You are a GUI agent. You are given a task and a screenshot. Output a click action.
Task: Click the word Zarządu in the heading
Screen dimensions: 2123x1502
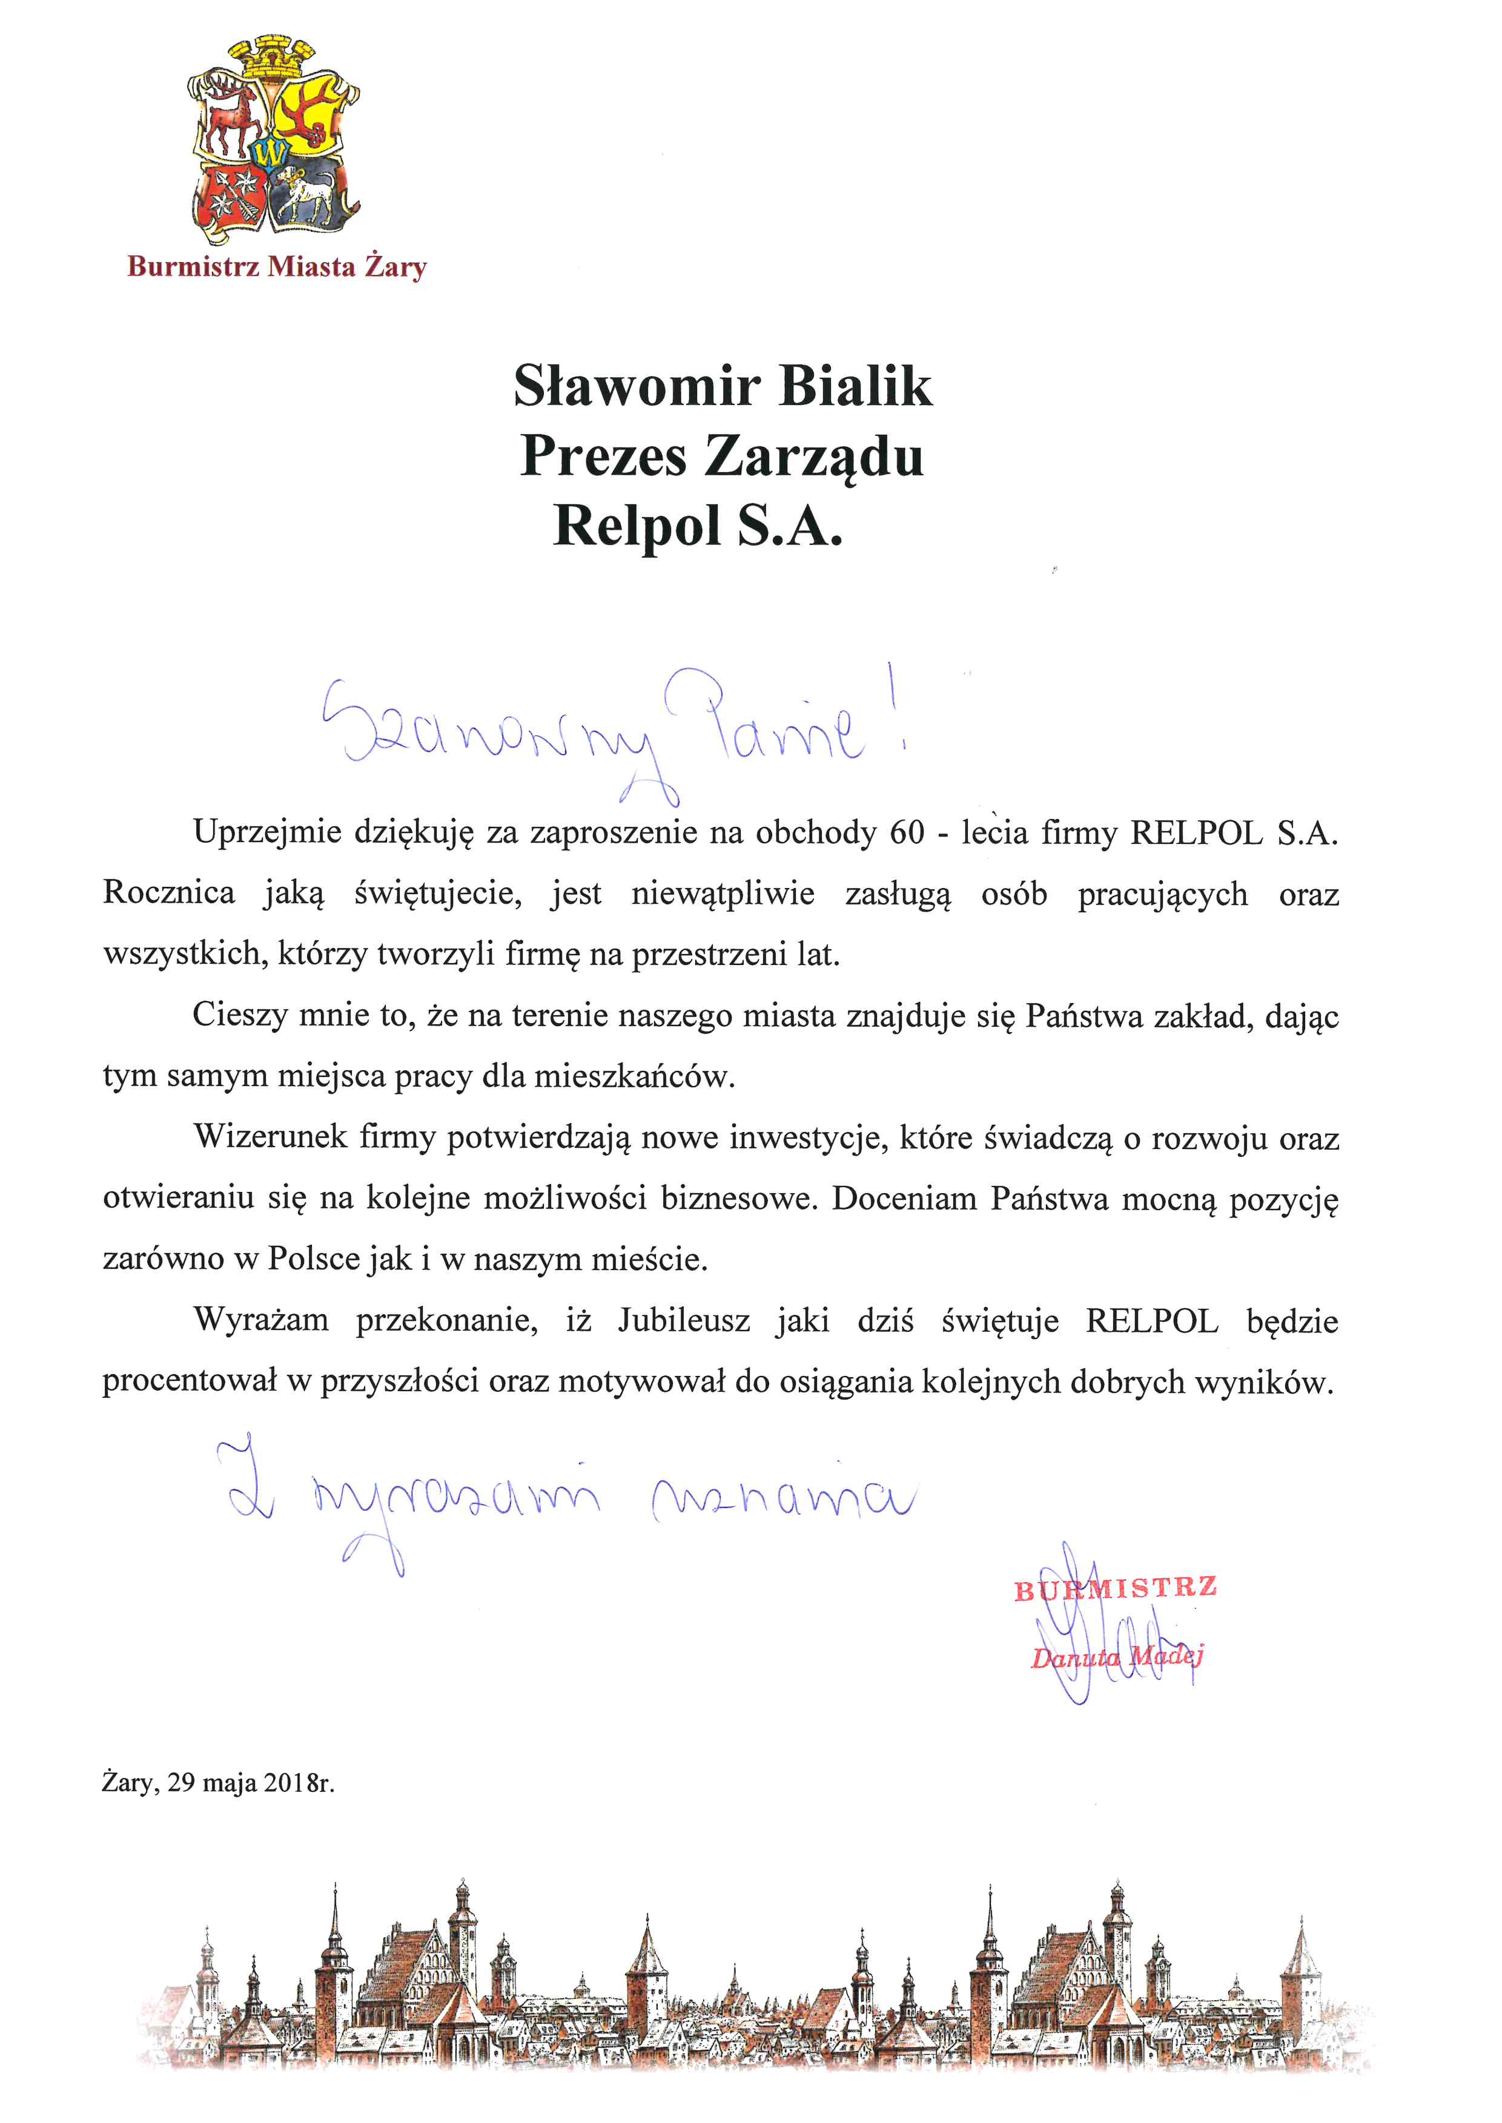coord(814,457)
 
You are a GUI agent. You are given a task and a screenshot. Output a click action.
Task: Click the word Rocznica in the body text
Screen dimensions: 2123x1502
coord(168,894)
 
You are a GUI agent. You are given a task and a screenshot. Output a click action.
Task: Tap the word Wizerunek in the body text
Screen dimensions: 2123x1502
coord(268,1137)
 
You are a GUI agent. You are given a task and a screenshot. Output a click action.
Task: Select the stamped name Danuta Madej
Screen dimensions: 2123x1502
coord(1116,1658)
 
